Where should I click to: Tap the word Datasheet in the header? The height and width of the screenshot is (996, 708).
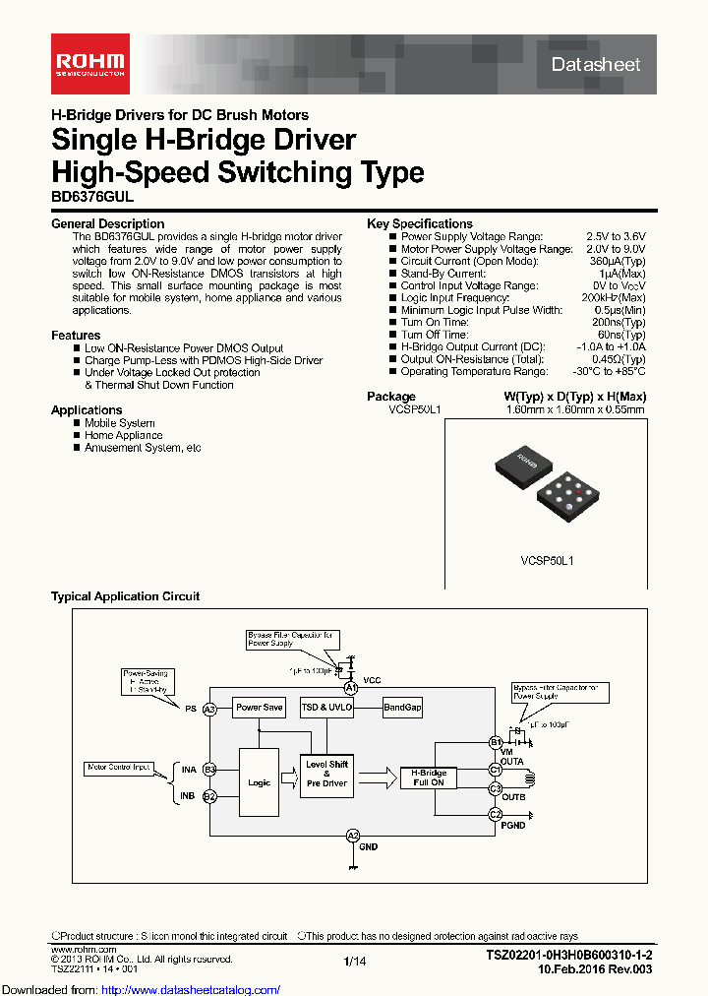pos(596,64)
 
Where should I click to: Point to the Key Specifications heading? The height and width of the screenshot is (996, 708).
pos(420,223)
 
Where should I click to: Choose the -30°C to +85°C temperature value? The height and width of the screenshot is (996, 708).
pos(609,371)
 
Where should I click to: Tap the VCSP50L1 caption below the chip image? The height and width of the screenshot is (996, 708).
pos(547,560)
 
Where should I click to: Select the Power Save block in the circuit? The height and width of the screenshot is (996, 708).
pos(259,708)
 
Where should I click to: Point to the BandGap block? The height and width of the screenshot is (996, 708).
pos(402,708)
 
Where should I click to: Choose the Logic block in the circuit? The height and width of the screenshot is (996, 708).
pos(259,782)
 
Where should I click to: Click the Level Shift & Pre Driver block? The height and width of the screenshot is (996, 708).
pos(326,774)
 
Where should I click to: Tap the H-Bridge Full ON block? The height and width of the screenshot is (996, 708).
pos(429,778)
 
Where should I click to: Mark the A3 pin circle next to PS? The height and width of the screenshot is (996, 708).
pos(208,709)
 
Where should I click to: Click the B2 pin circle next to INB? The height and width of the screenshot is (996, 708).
pos(208,796)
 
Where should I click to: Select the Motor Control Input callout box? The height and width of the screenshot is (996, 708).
pos(118,766)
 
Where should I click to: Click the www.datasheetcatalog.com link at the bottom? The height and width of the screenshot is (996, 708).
pos(142,989)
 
